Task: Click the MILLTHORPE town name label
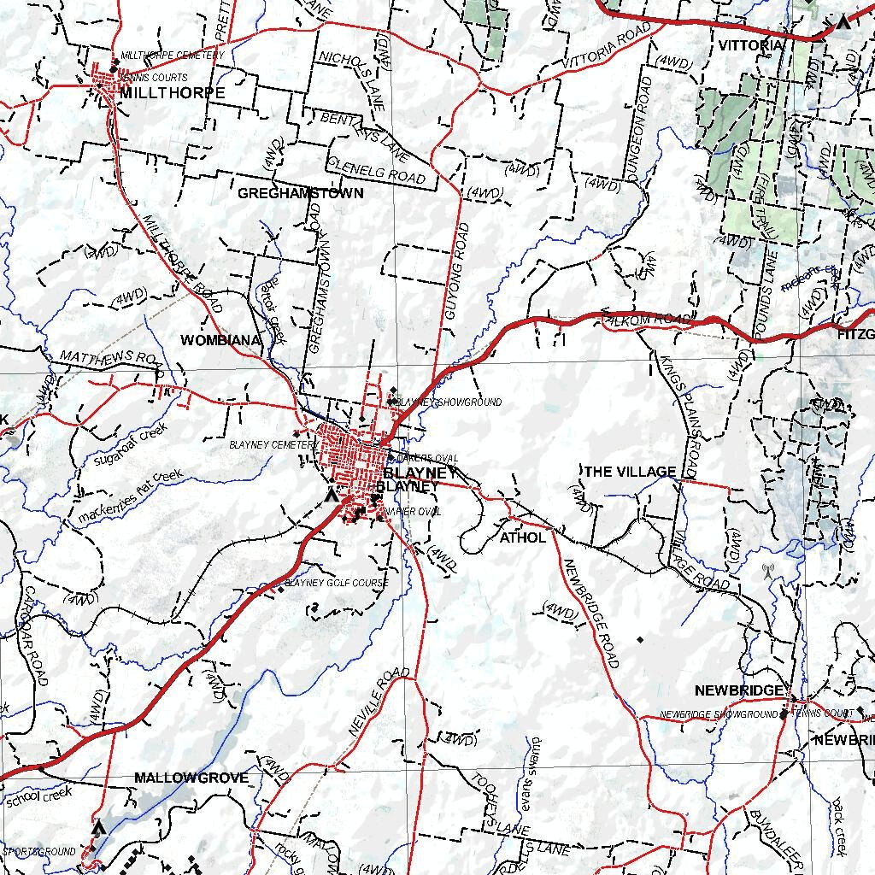click(x=172, y=92)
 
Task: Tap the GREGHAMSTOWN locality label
click(x=300, y=193)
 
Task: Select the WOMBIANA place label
click(x=220, y=340)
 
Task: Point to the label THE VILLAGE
click(x=630, y=472)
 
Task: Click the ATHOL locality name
click(x=522, y=537)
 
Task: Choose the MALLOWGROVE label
click(x=191, y=778)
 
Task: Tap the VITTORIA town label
click(x=751, y=44)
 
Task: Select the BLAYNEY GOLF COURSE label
click(x=337, y=583)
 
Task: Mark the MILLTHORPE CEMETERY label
click(x=173, y=55)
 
